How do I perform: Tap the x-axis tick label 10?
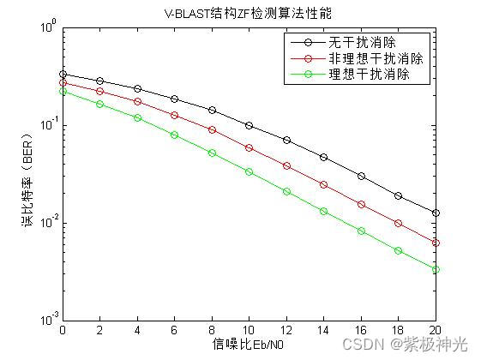249,329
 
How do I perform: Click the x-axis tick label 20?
436,329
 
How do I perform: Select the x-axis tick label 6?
174,329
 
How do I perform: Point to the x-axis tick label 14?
323,329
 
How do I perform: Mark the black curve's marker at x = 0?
63,74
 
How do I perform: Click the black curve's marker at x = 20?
436,213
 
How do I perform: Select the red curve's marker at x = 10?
249,147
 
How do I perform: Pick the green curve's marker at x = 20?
436,269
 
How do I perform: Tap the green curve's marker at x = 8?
212,153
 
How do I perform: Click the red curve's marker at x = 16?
361,204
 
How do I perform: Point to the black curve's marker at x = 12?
286,140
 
